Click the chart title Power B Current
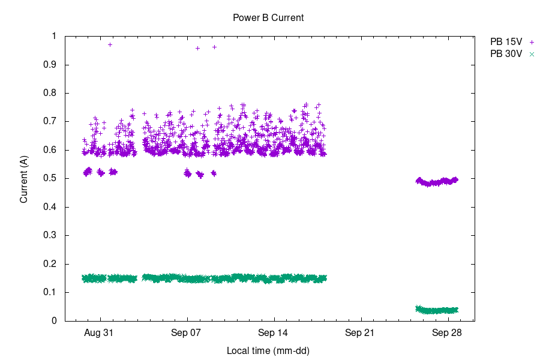pyautogui.click(x=268, y=18)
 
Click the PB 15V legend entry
pyautogui.click(x=506, y=42)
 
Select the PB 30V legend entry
pyautogui.click(x=506, y=53)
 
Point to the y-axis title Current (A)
pyautogui.click(x=24, y=179)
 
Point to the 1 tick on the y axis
pyautogui.click(x=53, y=36)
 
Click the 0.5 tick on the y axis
pyautogui.click(x=50, y=179)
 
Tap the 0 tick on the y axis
pyautogui.click(x=53, y=321)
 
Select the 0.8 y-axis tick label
pyautogui.click(x=50, y=93)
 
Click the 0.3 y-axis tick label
pyautogui.click(x=50, y=236)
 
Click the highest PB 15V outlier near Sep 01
pyautogui.click(x=110, y=44)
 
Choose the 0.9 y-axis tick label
pyautogui.click(x=50, y=65)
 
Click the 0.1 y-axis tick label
pyautogui.click(x=50, y=293)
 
